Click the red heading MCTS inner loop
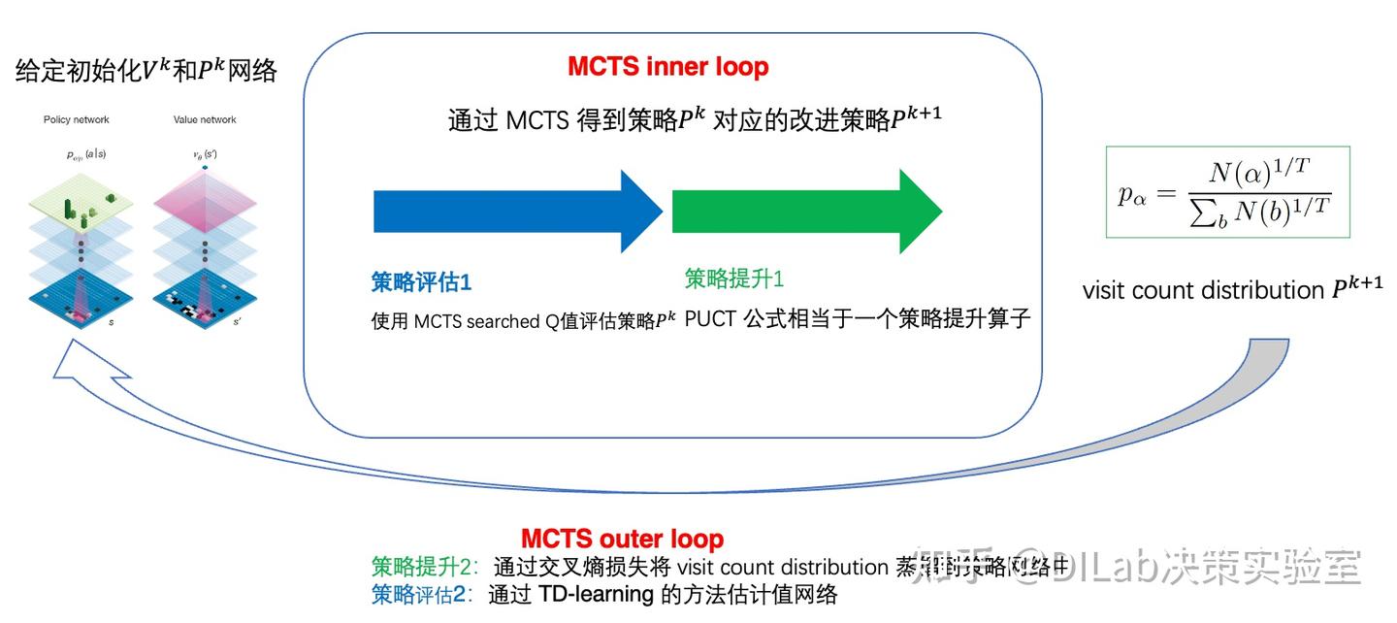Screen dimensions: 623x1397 click(x=667, y=67)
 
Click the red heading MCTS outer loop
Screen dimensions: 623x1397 click(x=622, y=539)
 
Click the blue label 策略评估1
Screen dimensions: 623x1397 click(x=421, y=282)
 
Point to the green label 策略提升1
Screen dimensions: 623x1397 click(x=733, y=279)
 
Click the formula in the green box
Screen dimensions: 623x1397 click(x=1227, y=191)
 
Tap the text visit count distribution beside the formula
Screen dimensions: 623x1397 click(x=1203, y=290)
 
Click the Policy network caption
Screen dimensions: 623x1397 click(x=77, y=119)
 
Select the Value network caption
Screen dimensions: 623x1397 click(x=205, y=119)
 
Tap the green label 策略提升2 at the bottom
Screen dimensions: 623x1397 click(x=419, y=567)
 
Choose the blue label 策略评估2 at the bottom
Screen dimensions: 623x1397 click(x=419, y=594)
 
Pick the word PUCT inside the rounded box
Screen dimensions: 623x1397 click(x=711, y=319)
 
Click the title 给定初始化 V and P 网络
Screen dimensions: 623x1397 click(x=146, y=70)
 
